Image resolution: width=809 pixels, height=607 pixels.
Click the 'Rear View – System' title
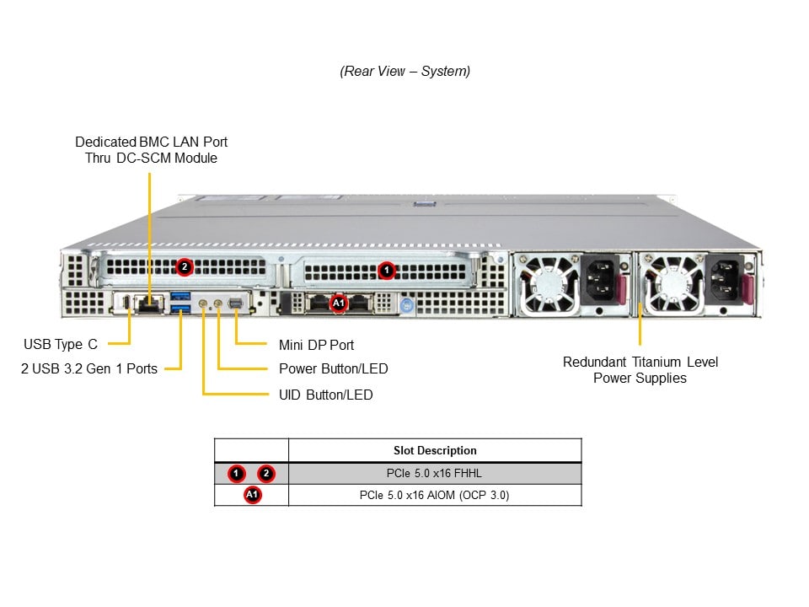(404, 71)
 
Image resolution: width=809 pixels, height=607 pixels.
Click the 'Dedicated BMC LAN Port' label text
(151, 142)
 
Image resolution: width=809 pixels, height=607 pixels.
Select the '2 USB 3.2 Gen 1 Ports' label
(89, 368)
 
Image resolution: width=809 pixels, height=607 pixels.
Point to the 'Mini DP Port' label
(316, 345)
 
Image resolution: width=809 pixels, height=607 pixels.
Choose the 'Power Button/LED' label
(333, 368)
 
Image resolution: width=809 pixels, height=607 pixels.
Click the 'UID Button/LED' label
(325, 395)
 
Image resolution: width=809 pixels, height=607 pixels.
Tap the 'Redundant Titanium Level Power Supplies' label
(640, 369)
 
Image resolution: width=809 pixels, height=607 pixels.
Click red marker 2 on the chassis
(185, 267)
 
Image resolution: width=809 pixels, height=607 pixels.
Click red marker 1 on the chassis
(386, 270)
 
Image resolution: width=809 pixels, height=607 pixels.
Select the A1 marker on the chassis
(339, 302)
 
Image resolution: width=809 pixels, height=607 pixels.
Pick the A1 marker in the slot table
(252, 495)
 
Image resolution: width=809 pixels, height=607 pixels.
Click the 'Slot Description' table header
(435, 450)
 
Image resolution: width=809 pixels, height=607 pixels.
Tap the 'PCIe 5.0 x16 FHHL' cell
(435, 473)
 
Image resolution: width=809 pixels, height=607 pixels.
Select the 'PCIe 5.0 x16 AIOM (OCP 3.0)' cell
(435, 495)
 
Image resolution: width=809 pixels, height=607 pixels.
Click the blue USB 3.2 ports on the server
(180, 303)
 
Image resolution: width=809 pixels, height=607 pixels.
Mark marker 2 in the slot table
(266, 473)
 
